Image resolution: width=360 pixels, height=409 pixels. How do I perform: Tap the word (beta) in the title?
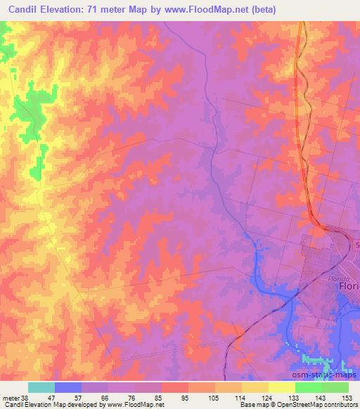coord(259,10)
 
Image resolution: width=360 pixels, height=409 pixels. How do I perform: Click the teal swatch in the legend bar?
coord(41,387)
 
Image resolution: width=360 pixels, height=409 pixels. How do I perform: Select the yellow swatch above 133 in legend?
coord(282,387)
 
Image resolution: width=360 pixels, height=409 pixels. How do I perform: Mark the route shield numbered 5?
coord(356,245)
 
